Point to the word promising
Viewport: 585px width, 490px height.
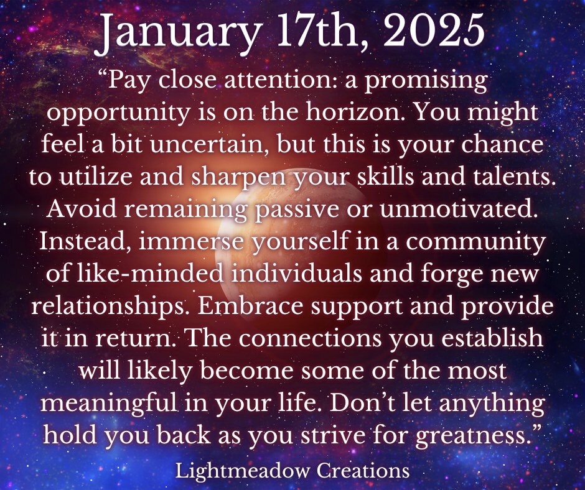coord(425,81)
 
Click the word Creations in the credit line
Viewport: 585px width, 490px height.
coord(363,471)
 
